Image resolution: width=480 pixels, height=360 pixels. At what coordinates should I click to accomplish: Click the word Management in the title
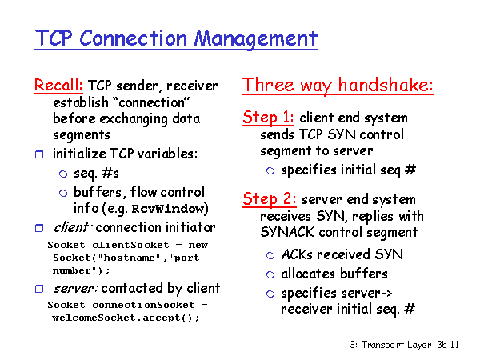(256, 39)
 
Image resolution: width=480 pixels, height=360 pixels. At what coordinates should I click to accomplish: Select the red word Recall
(58, 85)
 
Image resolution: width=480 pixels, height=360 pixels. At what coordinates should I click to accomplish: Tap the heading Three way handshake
(338, 85)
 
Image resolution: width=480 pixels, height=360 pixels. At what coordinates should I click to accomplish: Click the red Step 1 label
(268, 118)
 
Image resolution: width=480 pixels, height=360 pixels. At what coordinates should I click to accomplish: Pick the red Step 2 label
(270, 199)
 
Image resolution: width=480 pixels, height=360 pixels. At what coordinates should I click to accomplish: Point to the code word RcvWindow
(168, 209)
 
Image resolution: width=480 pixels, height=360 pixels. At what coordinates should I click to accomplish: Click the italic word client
(72, 227)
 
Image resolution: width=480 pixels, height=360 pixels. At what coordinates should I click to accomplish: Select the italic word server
(75, 288)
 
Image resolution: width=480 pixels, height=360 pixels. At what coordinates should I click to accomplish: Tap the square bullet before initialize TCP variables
(39, 154)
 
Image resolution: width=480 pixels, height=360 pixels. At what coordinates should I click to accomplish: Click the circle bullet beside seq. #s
(63, 174)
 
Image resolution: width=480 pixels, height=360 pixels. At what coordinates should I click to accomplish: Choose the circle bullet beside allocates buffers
(270, 274)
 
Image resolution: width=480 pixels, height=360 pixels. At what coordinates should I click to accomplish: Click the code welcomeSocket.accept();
(126, 318)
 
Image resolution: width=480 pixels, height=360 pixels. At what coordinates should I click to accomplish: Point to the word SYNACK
(287, 232)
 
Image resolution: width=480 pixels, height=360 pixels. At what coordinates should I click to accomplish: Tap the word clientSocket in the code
(130, 245)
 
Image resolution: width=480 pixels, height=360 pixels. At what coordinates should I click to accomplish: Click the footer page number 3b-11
(448, 345)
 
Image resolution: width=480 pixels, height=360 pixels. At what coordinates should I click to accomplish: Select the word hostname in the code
(132, 258)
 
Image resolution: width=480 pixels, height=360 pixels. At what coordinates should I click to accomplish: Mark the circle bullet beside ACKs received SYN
(270, 255)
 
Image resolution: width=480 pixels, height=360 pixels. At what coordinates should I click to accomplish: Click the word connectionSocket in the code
(143, 305)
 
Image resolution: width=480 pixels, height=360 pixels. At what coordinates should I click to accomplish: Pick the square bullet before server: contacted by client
(39, 289)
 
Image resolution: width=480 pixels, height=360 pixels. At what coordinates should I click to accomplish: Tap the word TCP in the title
(54, 38)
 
